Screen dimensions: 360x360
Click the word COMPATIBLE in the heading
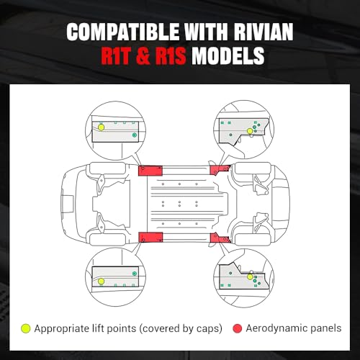(x=123, y=32)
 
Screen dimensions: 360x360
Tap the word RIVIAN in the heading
(x=264, y=32)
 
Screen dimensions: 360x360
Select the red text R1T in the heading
(x=115, y=56)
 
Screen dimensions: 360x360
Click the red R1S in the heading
(x=171, y=56)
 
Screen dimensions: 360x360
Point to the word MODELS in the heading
(x=228, y=56)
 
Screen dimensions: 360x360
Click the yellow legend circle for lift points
(x=26, y=328)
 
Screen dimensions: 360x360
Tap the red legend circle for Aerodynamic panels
(x=237, y=328)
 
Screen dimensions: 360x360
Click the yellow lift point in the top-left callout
(x=102, y=127)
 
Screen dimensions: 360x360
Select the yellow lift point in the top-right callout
(x=250, y=131)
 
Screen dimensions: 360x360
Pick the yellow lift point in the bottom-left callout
(x=102, y=281)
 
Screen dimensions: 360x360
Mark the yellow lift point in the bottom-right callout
(x=250, y=277)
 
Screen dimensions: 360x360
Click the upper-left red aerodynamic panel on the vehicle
(x=150, y=171)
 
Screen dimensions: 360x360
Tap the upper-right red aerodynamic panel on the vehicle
(x=220, y=169)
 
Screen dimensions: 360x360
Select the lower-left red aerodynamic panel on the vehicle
(x=150, y=237)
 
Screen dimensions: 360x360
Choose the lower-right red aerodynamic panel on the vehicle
(x=220, y=238)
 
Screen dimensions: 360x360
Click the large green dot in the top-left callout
(x=135, y=135)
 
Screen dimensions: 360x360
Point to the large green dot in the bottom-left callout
(x=135, y=274)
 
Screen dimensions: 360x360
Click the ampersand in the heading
(x=143, y=56)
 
